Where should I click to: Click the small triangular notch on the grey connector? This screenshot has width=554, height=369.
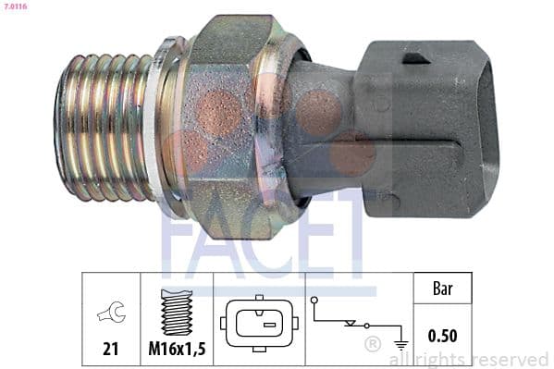[x=416, y=59]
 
